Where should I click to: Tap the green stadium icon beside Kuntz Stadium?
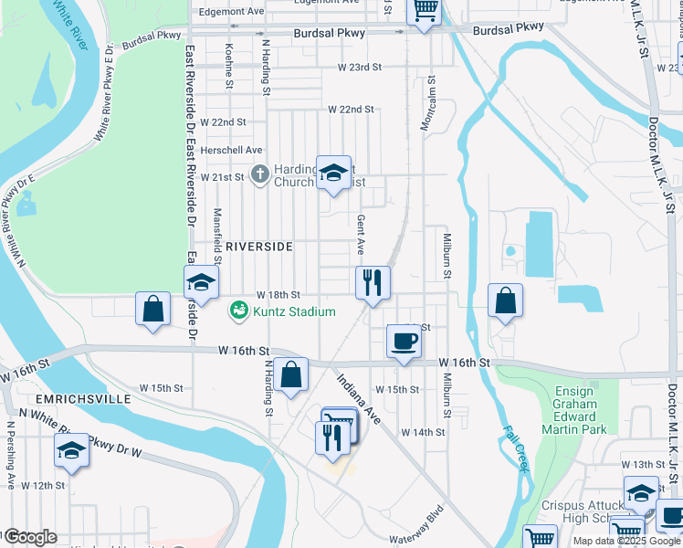(x=239, y=311)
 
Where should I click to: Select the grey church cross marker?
(x=259, y=174)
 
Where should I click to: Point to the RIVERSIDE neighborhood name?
(x=258, y=247)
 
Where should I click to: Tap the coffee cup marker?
(x=405, y=342)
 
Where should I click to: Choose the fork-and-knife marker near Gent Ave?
(x=373, y=281)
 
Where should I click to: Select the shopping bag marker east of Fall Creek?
(x=505, y=300)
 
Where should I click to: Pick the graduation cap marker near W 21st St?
(x=333, y=173)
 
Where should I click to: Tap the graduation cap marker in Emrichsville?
(x=71, y=451)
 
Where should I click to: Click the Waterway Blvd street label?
(x=415, y=527)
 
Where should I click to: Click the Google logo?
(x=30, y=537)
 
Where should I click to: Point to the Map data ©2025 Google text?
(x=625, y=541)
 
